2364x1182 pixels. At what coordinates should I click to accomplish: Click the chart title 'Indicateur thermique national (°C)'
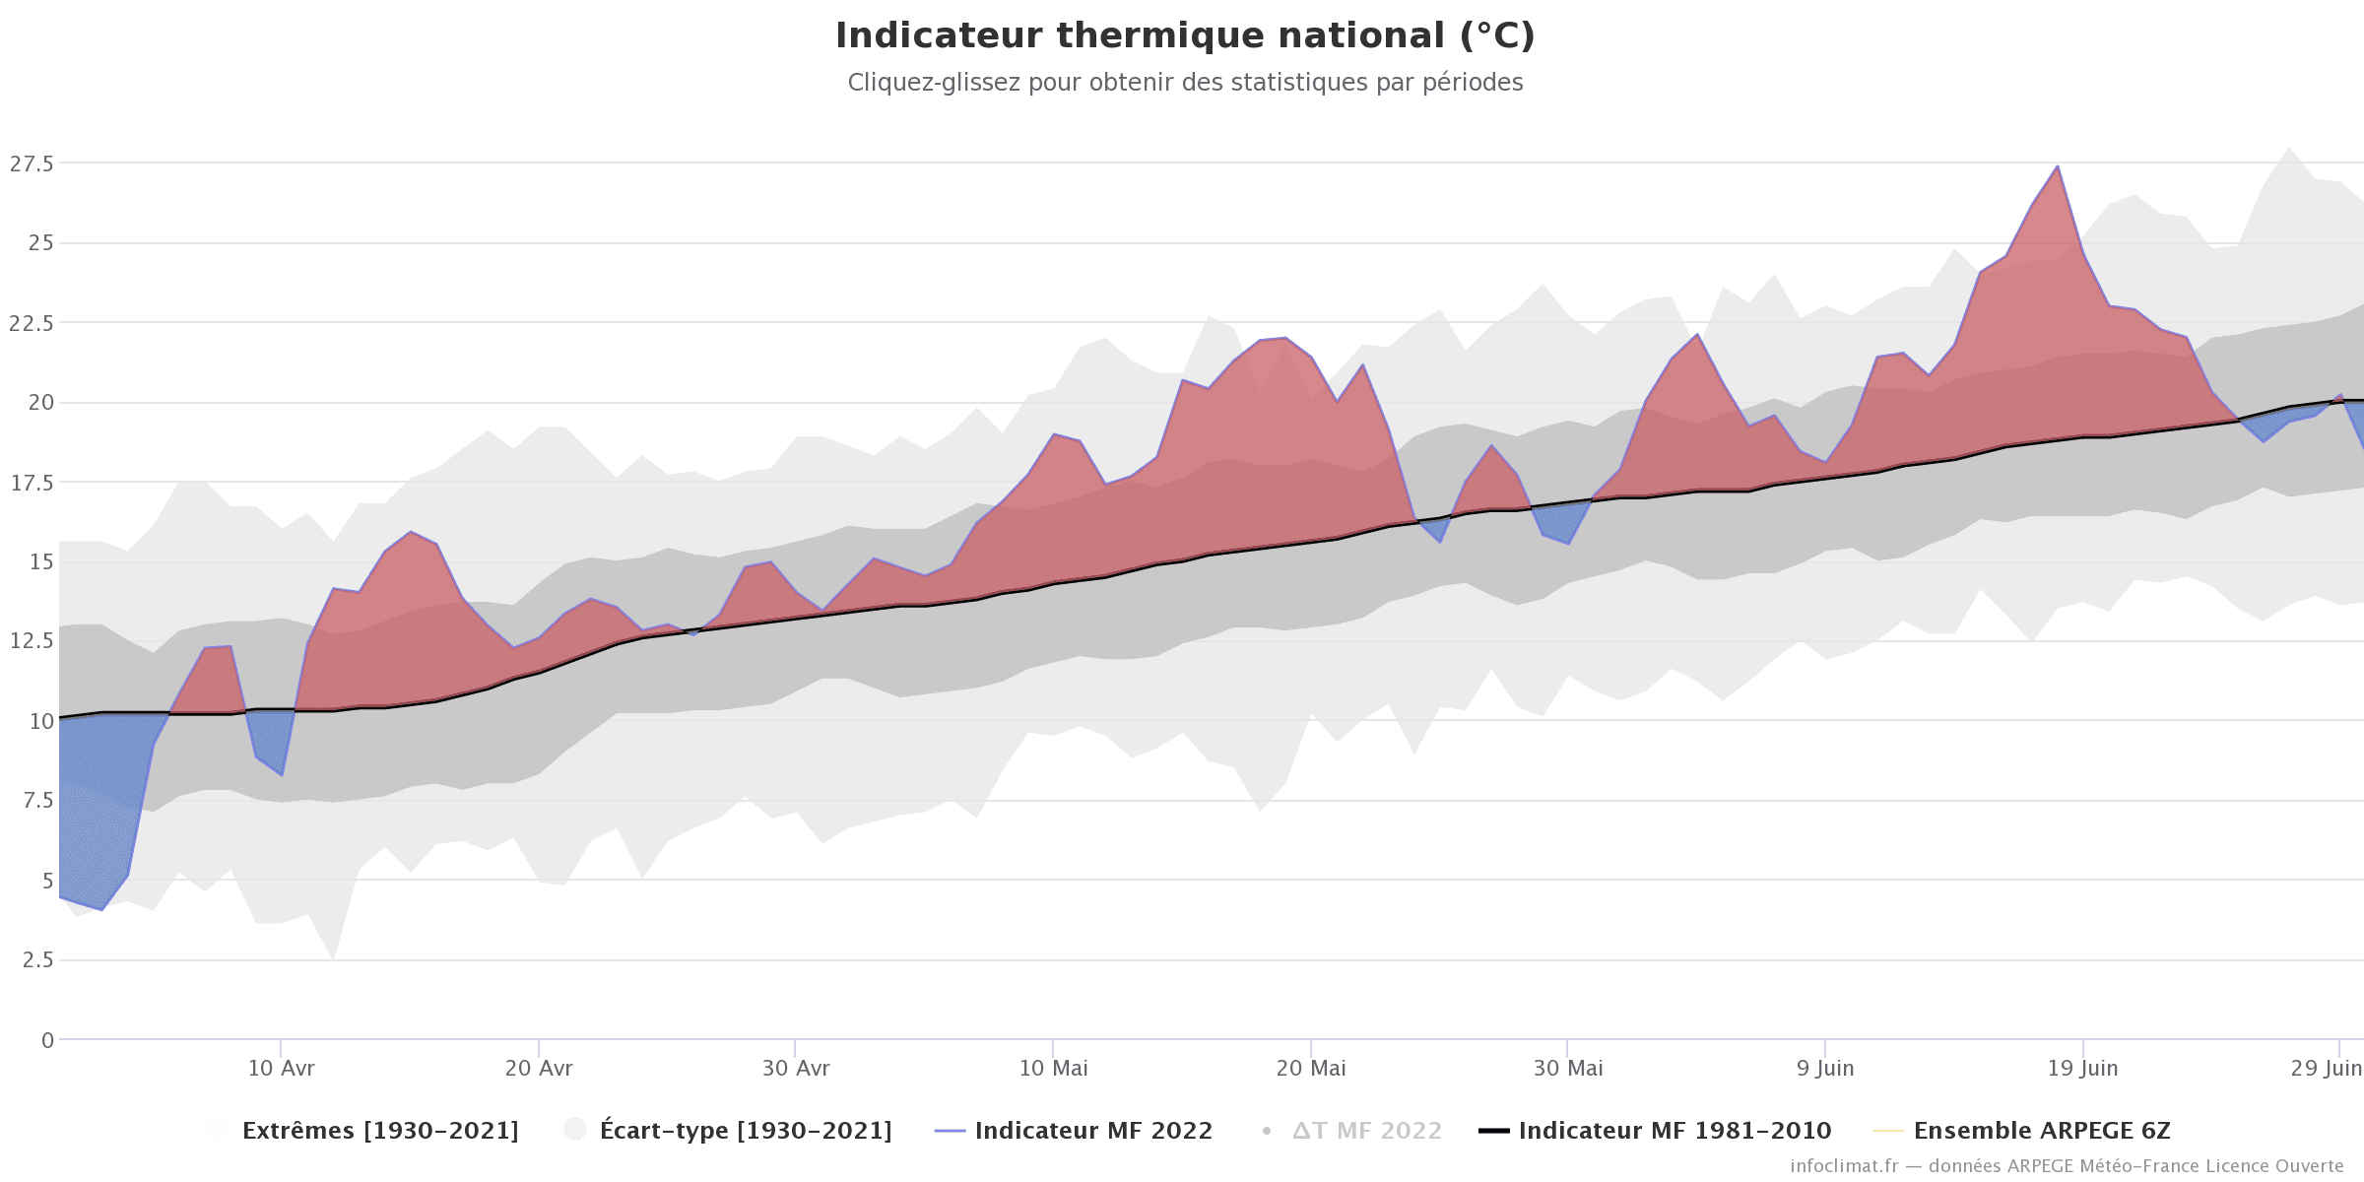(1185, 35)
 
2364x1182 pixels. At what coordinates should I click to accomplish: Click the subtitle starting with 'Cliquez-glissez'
(1185, 83)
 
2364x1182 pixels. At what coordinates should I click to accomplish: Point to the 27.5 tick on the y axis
(32, 164)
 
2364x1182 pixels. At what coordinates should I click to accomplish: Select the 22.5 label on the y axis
(32, 323)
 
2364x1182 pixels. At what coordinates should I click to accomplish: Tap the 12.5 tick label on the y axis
(32, 641)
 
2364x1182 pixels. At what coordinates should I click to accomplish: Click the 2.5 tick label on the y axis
(37, 960)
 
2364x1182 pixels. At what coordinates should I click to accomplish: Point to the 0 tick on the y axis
(47, 1040)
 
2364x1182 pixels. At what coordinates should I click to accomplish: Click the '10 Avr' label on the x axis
(281, 1069)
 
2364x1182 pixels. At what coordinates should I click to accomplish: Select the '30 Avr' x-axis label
(796, 1069)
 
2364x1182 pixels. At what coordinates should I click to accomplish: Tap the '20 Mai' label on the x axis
(1311, 1069)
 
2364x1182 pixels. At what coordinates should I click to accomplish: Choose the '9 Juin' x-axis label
(1825, 1069)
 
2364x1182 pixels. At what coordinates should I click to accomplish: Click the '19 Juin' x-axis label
(2082, 1069)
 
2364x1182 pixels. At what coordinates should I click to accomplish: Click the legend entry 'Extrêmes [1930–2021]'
(379, 1131)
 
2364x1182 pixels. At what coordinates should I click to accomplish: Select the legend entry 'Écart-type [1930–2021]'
(745, 1131)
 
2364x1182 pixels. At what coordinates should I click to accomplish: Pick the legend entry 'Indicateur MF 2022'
(1092, 1131)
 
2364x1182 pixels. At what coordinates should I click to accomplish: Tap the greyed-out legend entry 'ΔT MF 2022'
(1366, 1131)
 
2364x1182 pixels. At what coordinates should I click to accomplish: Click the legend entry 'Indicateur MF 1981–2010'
(1674, 1131)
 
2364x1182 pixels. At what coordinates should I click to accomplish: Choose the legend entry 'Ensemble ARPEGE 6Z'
(2041, 1131)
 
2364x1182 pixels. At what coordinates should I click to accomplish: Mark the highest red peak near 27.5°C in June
(2058, 167)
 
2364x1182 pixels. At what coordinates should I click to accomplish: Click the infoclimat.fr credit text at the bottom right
(2067, 1166)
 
